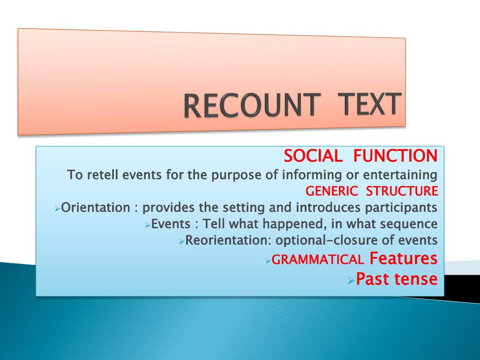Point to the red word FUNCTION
395,155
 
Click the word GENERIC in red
332,191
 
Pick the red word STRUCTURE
402,191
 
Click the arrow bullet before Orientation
57,208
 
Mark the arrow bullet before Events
147,225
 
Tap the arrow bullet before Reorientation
182,242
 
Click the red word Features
404,258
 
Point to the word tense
416,279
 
